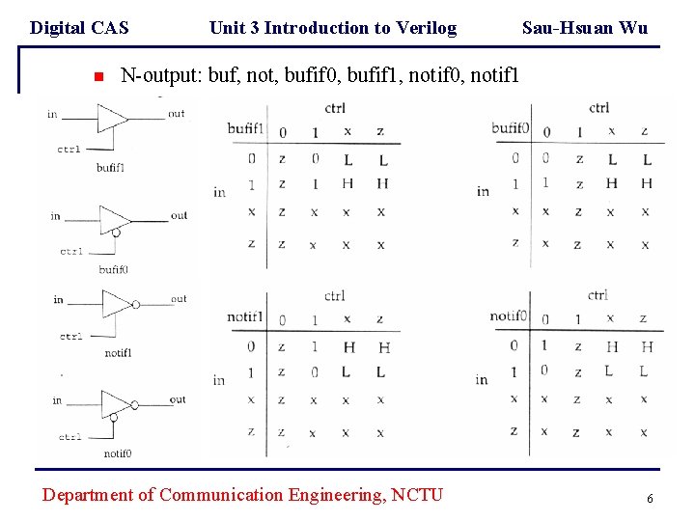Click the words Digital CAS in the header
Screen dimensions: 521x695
tap(79, 28)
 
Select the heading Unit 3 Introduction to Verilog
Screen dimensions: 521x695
tap(333, 28)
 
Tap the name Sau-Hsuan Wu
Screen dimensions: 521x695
tap(585, 28)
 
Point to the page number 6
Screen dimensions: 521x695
tap(650, 498)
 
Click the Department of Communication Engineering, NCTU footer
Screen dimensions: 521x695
tap(243, 495)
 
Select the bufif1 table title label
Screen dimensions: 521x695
tap(246, 129)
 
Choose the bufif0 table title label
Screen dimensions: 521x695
tap(511, 129)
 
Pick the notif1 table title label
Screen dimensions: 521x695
tap(246, 317)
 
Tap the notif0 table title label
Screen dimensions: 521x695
tap(509, 316)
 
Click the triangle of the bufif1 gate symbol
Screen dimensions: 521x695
tap(111, 117)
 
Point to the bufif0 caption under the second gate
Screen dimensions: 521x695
tap(113, 270)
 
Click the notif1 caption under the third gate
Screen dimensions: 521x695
tap(118, 353)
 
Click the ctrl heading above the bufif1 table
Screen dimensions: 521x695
tap(335, 108)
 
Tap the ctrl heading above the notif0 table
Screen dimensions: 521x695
tap(598, 295)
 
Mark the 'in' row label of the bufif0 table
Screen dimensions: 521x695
tap(483, 192)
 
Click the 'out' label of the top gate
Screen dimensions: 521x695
tap(177, 114)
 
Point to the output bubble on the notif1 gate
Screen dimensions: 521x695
tap(136, 305)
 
